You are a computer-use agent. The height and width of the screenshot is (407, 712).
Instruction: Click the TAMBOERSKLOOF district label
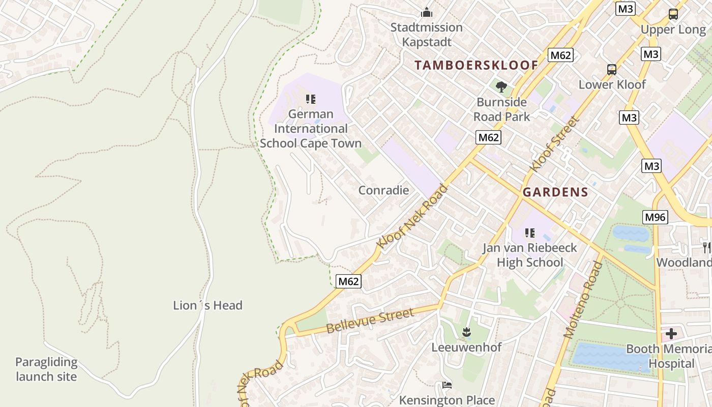pyautogui.click(x=476, y=65)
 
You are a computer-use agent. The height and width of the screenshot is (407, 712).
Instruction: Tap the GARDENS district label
pyautogui.click(x=555, y=192)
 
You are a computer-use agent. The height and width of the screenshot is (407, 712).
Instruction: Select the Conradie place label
pyautogui.click(x=383, y=190)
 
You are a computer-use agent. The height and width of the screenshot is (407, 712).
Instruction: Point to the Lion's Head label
pyautogui.click(x=207, y=305)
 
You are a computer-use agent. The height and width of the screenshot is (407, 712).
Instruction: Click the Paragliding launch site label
pyautogui.click(x=46, y=369)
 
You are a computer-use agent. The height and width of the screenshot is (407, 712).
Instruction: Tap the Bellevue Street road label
pyautogui.click(x=370, y=321)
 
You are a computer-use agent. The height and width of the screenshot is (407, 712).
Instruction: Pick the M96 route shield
pyautogui.click(x=655, y=217)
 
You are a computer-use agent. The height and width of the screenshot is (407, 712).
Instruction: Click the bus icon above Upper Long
pyautogui.click(x=673, y=14)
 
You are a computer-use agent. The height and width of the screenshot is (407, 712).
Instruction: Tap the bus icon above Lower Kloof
pyautogui.click(x=612, y=70)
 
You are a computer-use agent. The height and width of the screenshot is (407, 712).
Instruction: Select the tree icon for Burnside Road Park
pyautogui.click(x=501, y=87)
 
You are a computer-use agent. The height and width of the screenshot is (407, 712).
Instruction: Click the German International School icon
pyautogui.click(x=310, y=99)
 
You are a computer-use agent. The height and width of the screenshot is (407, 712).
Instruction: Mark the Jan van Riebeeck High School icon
pyautogui.click(x=530, y=233)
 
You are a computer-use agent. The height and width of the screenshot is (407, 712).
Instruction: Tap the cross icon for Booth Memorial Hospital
pyautogui.click(x=671, y=334)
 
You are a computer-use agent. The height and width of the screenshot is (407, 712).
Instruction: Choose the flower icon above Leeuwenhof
pyautogui.click(x=466, y=333)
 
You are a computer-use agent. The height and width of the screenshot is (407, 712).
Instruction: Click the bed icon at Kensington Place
pyautogui.click(x=447, y=385)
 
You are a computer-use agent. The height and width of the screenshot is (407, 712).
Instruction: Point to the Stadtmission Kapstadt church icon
pyautogui.click(x=426, y=12)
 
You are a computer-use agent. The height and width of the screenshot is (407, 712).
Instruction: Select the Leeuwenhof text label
pyautogui.click(x=466, y=347)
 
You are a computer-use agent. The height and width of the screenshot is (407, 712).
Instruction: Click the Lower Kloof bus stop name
pyautogui.click(x=612, y=84)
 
